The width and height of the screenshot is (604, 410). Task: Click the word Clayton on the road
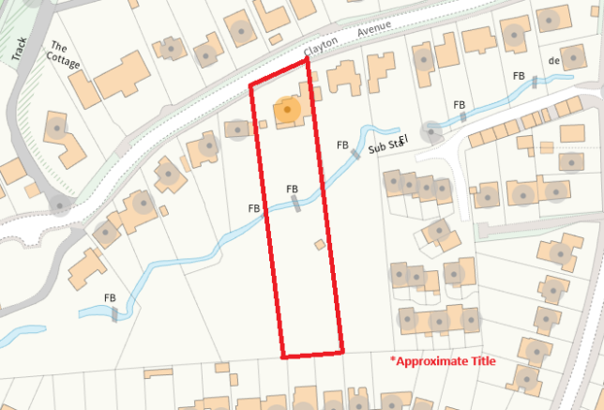tap(321, 47)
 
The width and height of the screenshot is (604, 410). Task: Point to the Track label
tap(19, 50)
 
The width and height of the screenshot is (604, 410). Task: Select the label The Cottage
tap(66, 55)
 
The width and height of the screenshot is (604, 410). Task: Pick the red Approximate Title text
tap(445, 360)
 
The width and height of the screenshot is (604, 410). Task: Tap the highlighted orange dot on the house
tap(288, 112)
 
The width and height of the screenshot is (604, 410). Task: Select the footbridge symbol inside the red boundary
tap(295, 203)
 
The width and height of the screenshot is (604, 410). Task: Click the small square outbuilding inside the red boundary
tap(320, 245)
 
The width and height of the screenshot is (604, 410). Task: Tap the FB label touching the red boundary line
tap(253, 207)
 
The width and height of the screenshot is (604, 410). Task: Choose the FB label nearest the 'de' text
tap(519, 76)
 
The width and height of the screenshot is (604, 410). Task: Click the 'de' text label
tap(553, 61)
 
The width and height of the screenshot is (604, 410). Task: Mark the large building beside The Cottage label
tap(120, 75)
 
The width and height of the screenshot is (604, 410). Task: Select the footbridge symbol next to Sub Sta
tap(356, 154)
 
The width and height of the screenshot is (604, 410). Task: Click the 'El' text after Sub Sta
tap(404, 141)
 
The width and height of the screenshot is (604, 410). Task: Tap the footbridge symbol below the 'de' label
tap(536, 82)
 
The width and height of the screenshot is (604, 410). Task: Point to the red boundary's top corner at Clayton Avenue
tap(307, 59)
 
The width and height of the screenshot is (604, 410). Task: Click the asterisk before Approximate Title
tap(393, 358)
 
